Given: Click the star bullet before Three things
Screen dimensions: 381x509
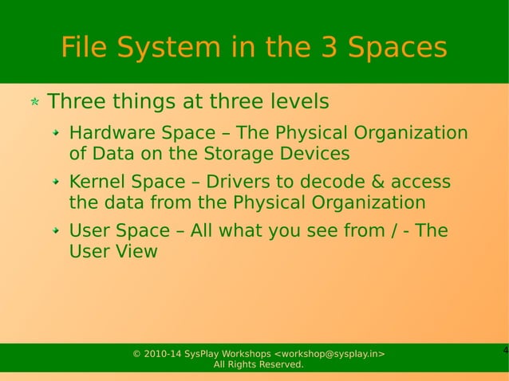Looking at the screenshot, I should point(35,103).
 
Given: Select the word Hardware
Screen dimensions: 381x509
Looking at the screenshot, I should point(108,132).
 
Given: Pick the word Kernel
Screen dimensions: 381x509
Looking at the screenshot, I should point(95,182).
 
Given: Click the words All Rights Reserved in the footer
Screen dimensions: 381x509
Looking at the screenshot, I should point(258,365).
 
